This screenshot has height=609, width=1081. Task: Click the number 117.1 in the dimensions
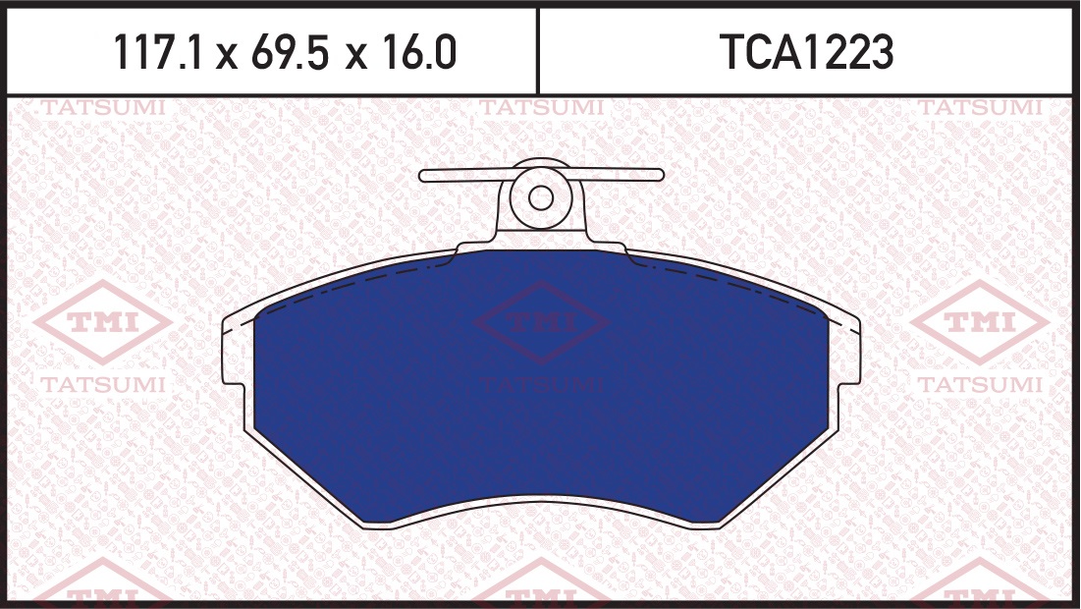coord(158,52)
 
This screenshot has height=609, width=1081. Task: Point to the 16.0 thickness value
coord(419,52)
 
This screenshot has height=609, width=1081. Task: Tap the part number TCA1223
coord(806,52)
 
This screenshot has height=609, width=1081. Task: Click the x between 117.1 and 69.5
coord(226,56)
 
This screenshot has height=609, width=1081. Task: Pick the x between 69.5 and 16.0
coord(355,56)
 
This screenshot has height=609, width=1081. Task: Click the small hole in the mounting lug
coord(541,198)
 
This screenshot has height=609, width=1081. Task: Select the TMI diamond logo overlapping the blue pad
coord(541,321)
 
